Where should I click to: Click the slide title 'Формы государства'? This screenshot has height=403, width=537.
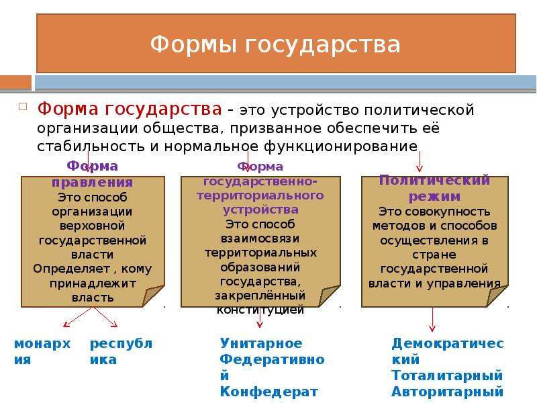tap(275, 44)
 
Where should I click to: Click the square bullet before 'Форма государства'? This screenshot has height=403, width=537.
tap(23, 107)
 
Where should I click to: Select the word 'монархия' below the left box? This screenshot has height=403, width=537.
tap(42, 351)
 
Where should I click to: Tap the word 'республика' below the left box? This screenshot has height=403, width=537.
tap(121, 351)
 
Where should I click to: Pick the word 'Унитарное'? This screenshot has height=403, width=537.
tap(261, 343)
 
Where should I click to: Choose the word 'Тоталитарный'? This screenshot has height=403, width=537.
tap(447, 375)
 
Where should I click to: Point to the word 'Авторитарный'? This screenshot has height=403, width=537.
tap(447, 392)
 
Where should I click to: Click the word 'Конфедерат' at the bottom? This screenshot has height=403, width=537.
tap(269, 392)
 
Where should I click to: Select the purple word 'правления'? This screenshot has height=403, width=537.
tap(92, 182)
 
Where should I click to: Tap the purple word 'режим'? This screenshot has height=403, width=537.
tap(434, 197)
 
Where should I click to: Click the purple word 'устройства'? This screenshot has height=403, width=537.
tap(260, 210)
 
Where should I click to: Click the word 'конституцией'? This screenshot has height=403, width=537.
tap(260, 310)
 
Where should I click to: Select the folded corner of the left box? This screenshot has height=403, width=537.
tap(154, 296)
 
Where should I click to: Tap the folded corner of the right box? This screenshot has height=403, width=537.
tap(497, 296)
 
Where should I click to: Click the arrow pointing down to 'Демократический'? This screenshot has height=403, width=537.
tap(432, 319)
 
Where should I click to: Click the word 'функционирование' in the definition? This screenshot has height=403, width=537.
tap(341, 146)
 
